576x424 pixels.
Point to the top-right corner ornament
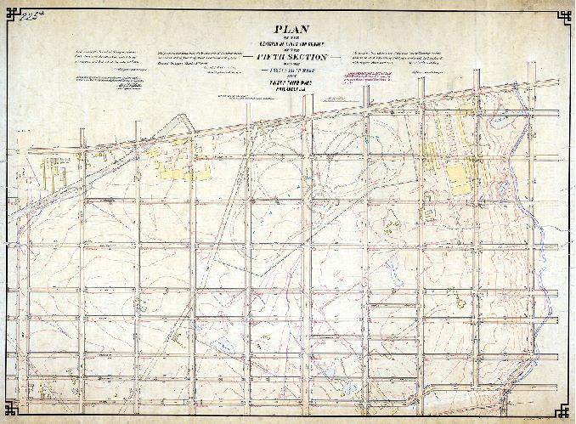point(563,14)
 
